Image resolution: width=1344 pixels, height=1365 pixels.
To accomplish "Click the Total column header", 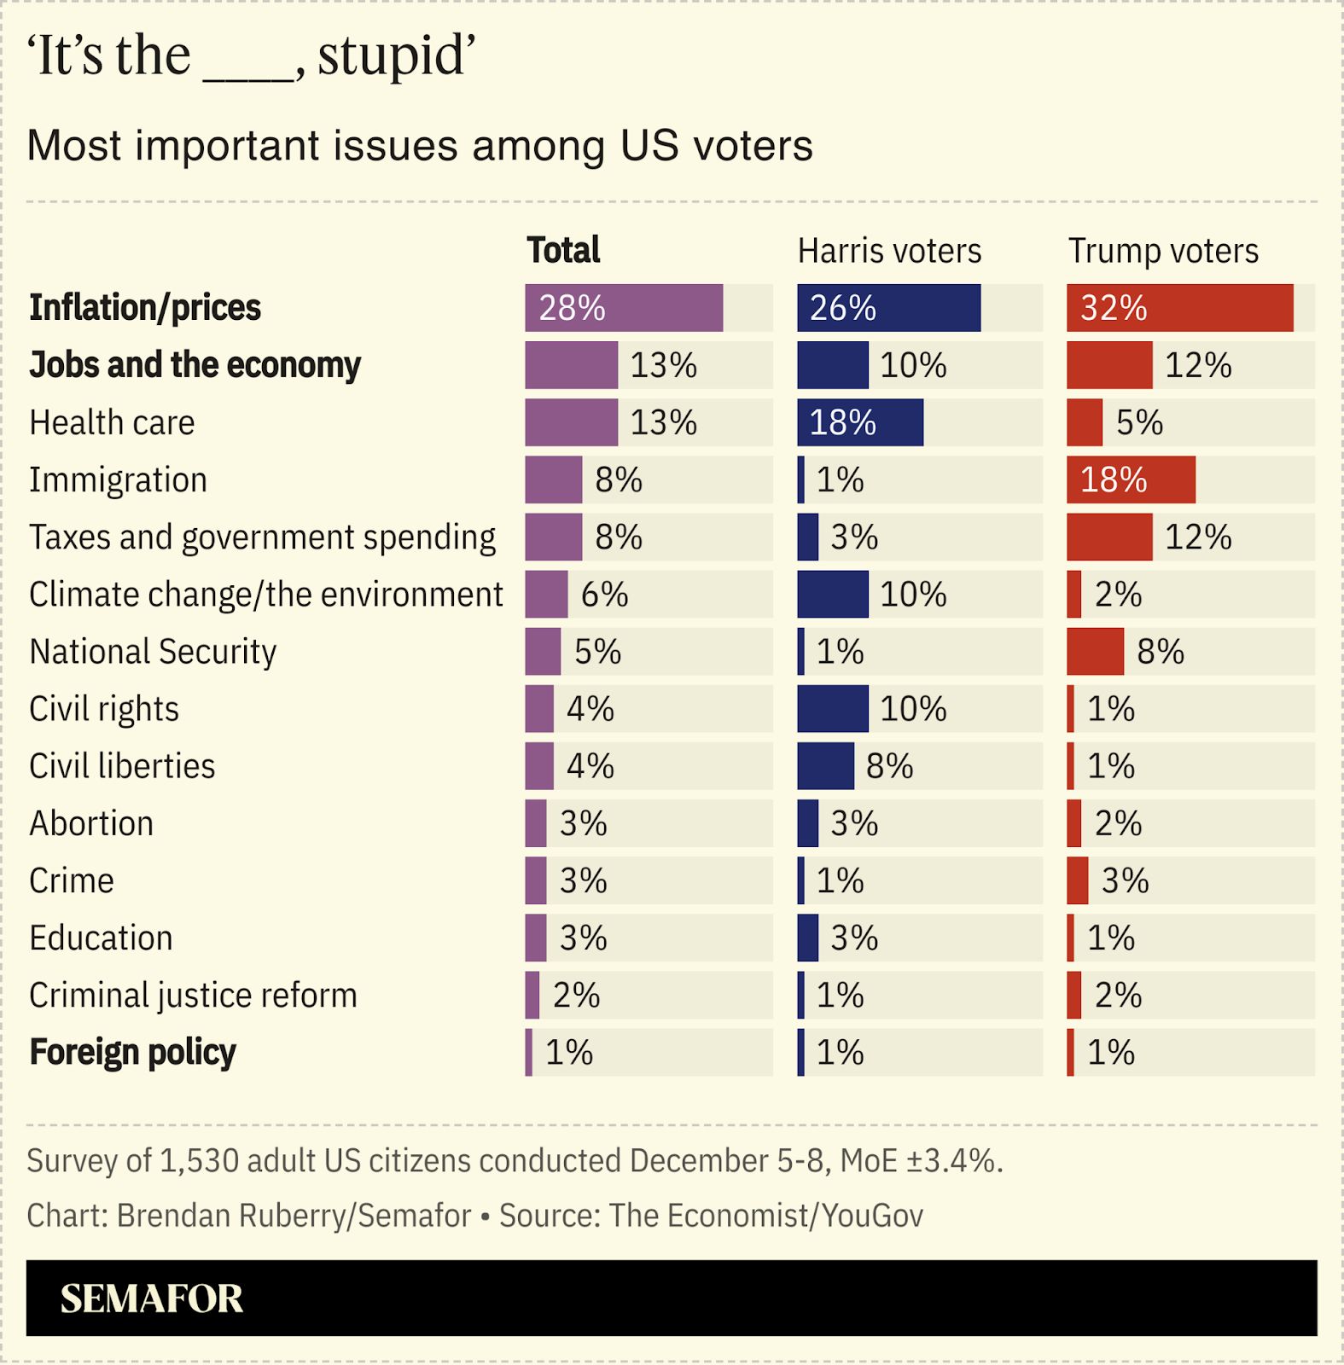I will (x=563, y=251).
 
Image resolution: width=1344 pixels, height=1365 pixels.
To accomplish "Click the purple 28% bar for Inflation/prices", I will (x=624, y=308).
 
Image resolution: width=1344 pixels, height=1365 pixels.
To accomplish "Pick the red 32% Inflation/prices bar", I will (x=1179, y=308).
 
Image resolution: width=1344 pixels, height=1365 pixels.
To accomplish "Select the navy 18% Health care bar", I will (x=860, y=422).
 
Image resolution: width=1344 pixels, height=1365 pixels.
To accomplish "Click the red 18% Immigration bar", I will (x=1131, y=479).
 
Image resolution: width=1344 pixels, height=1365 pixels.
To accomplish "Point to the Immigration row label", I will (x=118, y=480).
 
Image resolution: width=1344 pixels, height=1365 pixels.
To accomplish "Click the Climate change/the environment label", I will (x=265, y=595).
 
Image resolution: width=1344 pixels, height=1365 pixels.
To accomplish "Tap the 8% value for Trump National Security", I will (x=1160, y=653).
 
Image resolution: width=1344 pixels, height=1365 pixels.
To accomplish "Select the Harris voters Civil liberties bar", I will (x=825, y=766).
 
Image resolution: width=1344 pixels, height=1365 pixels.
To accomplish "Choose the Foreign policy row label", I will (x=132, y=1053).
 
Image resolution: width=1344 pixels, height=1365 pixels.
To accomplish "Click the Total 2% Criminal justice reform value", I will (x=576, y=996).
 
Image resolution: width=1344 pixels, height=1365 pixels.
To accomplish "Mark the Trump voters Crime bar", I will (x=1078, y=880).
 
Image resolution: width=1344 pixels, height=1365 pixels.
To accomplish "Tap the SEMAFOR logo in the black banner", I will (x=152, y=1298).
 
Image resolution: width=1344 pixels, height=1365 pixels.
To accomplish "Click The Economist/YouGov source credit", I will (x=765, y=1216).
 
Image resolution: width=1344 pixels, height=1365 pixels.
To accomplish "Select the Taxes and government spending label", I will (x=262, y=537).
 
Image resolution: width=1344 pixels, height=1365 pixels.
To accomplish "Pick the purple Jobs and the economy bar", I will (x=571, y=365).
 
